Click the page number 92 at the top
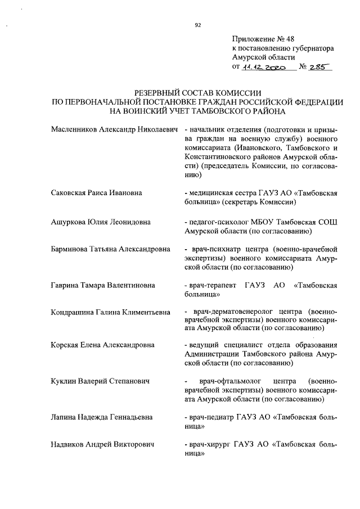pyautogui.click(x=197, y=25)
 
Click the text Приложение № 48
pyautogui.click(x=263, y=39)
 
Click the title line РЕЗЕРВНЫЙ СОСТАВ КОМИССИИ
pyautogui.click(x=199, y=93)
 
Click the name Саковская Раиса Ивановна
pyautogui.click(x=96, y=193)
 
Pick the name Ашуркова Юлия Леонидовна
pyautogui.click(x=101, y=222)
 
